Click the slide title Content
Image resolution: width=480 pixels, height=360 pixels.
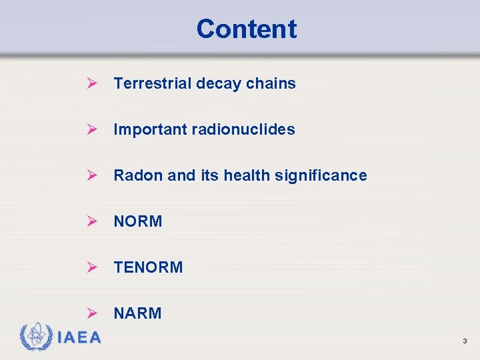[x=246, y=29]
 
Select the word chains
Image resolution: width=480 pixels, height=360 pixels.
[x=271, y=83]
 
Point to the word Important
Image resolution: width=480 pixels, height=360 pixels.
[x=150, y=129]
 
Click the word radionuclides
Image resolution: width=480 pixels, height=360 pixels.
[x=243, y=129]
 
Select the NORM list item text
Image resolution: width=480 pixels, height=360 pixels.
[x=138, y=221]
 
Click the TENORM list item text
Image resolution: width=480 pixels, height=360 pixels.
[x=148, y=267]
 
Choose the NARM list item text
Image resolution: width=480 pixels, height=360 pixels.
[x=137, y=313]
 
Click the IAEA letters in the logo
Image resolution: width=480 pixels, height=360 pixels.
[x=79, y=338]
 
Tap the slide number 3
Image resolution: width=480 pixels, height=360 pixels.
[x=465, y=341]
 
